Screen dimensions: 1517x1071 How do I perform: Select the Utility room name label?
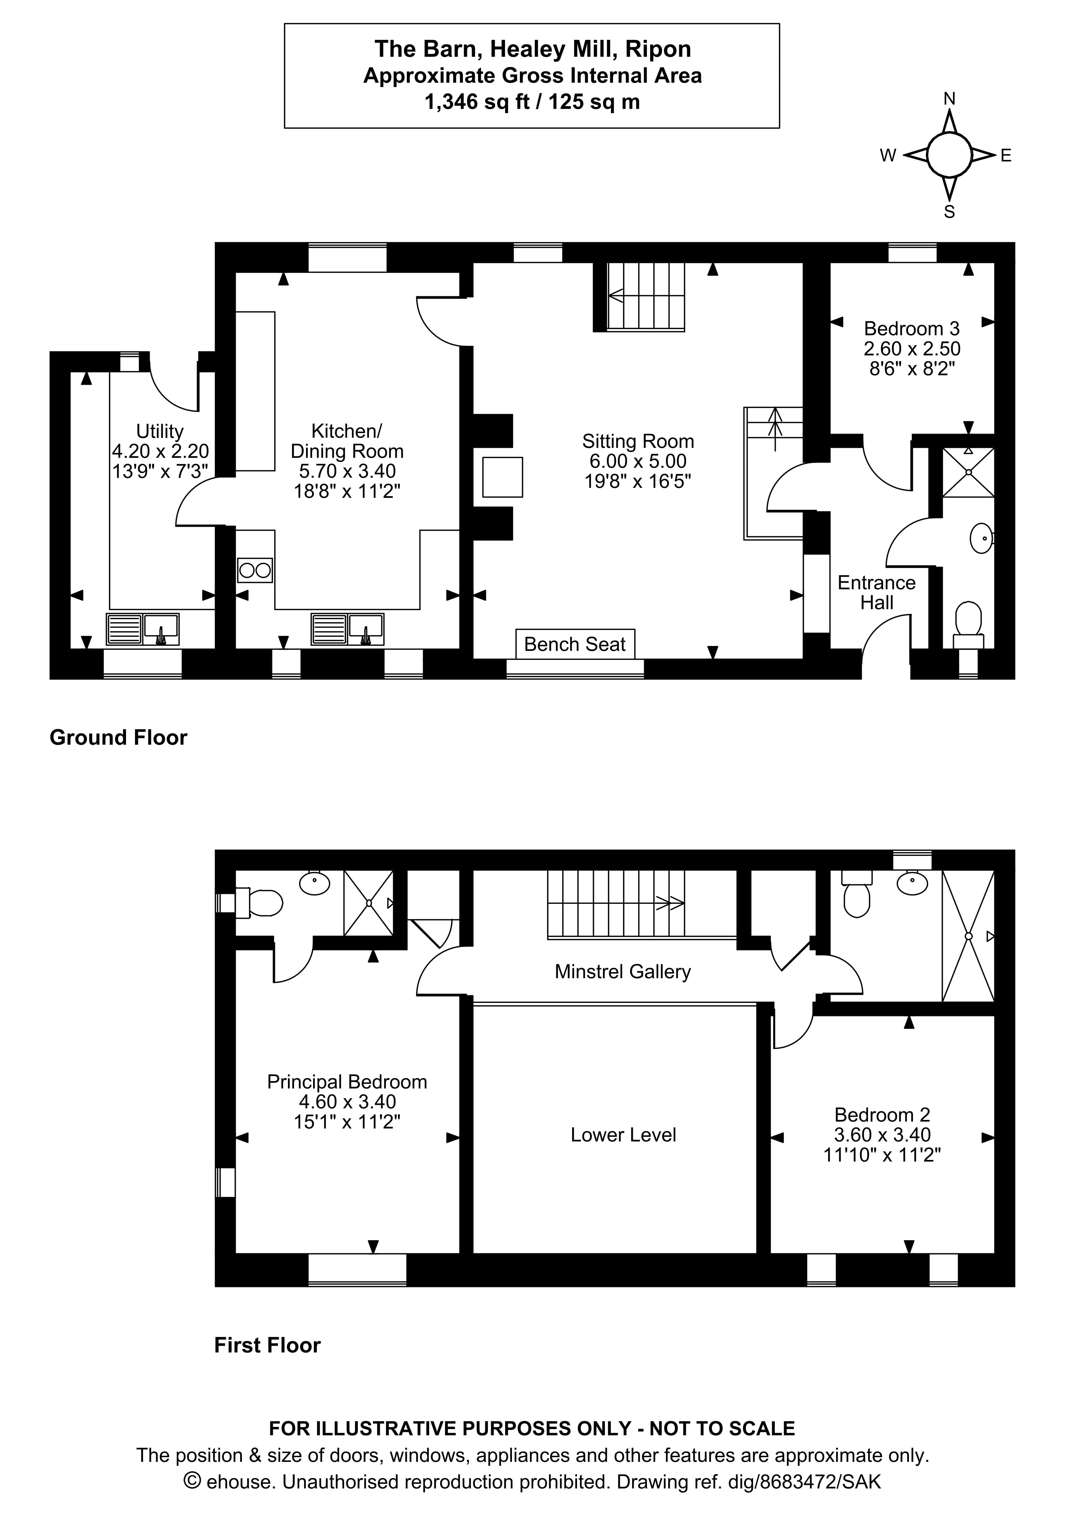tap(160, 431)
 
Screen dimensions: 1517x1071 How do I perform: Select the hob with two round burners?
tap(255, 570)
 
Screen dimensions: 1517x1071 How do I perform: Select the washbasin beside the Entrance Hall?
tap(981, 538)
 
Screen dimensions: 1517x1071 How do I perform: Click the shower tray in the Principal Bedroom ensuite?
tap(368, 903)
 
